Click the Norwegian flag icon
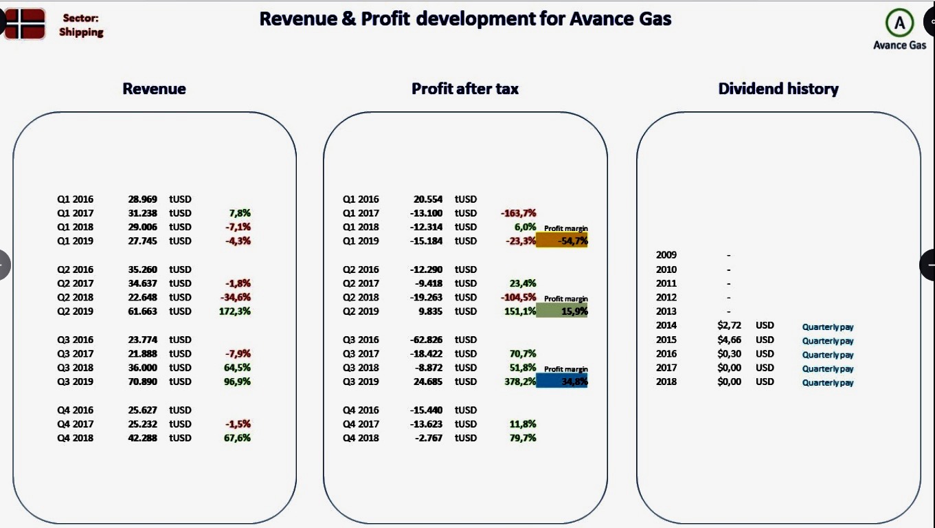25,24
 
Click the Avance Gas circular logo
899,23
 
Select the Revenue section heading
154,89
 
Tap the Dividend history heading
778,89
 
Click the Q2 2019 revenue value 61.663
142,311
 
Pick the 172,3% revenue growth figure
234,311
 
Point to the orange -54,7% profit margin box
561,241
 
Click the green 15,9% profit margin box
561,311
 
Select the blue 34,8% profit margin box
561,381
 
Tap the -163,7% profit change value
518,213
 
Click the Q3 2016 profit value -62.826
426,340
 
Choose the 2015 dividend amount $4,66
729,340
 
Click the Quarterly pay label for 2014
828,327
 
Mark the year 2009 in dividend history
666,255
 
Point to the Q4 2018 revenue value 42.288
142,438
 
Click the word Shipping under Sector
81,32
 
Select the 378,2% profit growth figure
519,382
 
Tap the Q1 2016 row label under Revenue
75,199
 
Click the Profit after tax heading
465,89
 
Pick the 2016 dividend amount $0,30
729,354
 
